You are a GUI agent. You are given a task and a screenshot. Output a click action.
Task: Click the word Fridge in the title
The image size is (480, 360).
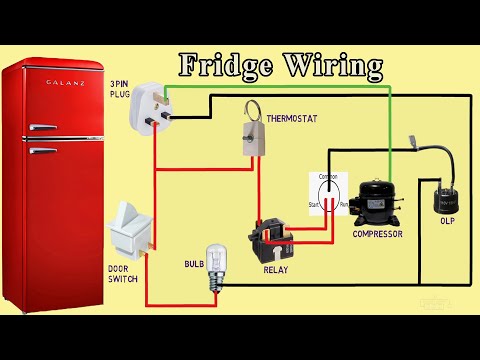coord(225,67)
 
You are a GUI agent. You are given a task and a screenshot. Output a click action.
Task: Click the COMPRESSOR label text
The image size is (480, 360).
coord(377,234)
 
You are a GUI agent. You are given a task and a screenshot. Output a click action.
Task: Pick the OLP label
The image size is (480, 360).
coord(447,220)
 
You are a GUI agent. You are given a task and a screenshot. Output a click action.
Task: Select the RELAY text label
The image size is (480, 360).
coord(275,270)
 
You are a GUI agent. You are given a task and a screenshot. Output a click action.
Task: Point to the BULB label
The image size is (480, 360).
coord(194,264)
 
